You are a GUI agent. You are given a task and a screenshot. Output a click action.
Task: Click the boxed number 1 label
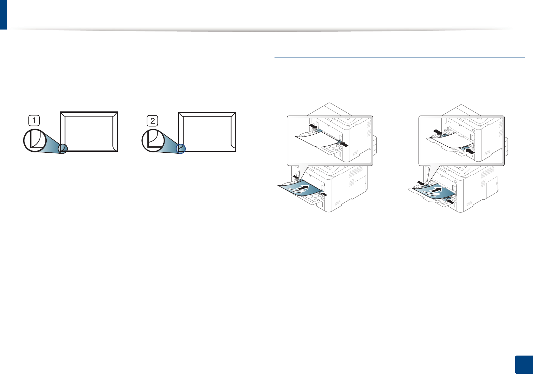(x=34, y=121)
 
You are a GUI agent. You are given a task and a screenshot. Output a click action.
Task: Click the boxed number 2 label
(x=152, y=121)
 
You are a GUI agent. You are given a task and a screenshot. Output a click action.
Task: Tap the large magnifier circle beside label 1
(x=35, y=140)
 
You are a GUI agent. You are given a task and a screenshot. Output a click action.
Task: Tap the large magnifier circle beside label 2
(x=153, y=140)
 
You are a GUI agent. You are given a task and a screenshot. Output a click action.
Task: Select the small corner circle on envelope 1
(x=64, y=149)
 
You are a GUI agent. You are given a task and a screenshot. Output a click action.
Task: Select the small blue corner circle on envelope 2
(x=181, y=148)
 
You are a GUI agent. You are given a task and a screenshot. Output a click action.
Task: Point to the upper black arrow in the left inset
(x=313, y=126)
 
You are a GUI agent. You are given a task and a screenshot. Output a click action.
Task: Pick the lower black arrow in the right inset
(x=470, y=151)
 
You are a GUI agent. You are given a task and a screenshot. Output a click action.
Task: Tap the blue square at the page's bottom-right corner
(x=523, y=364)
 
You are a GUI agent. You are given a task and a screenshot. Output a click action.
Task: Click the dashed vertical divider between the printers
(x=394, y=159)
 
